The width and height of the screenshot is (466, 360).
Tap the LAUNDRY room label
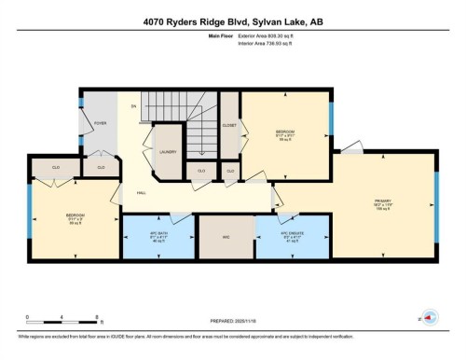point(168,151)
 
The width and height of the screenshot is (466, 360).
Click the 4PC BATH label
point(158,234)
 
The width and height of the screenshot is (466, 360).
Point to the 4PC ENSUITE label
point(293,234)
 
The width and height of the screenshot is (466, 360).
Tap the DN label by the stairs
point(133,107)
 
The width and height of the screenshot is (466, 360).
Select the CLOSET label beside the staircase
point(229,125)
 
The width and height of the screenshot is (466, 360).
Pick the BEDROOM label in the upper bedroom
point(284,132)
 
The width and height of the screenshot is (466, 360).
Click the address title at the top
point(232,21)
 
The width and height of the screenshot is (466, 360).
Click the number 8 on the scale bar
point(73,316)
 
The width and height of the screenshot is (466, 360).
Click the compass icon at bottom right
point(431,316)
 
